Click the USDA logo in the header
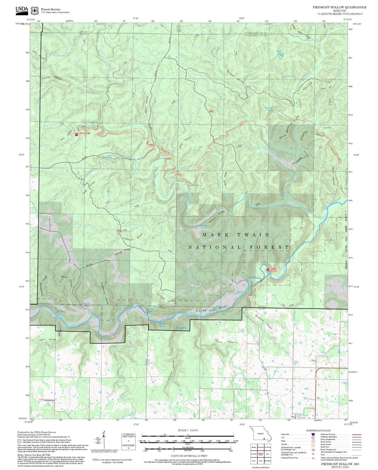(21, 10)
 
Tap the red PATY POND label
(85, 133)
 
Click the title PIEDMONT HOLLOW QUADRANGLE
(339, 7)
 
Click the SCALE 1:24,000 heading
(188, 430)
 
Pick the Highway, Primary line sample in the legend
(357, 434)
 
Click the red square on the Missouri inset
(264, 439)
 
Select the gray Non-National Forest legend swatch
(19, 441)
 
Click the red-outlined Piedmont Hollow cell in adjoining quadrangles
(261, 454)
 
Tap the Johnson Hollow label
(51, 78)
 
